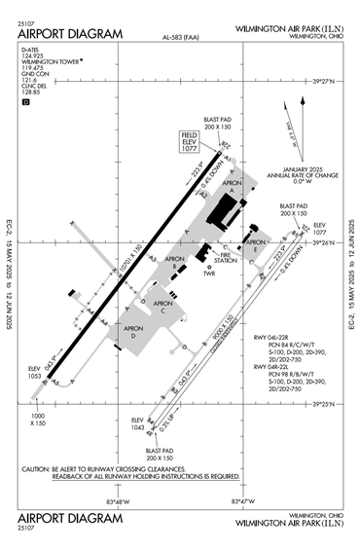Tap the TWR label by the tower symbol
[x=207, y=273]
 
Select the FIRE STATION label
[x=225, y=258]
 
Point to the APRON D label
[x=130, y=332]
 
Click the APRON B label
[x=175, y=262]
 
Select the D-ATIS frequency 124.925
[x=34, y=69]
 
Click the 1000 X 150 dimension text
[x=38, y=420]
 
